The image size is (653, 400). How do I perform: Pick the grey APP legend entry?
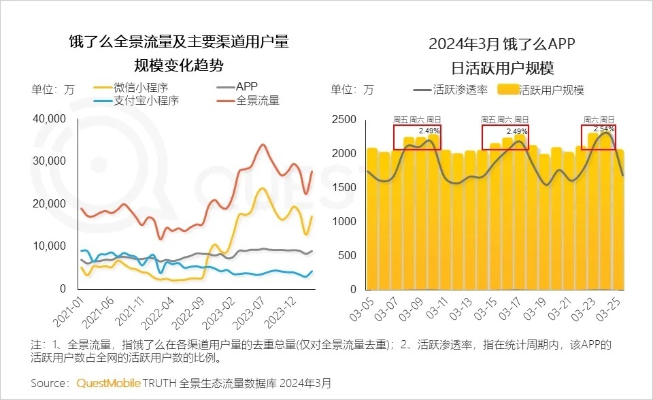(247, 87)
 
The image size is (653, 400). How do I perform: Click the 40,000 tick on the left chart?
(48, 119)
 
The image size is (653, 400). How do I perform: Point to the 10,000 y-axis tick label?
(48, 246)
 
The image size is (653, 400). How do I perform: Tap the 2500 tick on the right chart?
(344, 119)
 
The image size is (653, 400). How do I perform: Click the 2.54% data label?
(604, 129)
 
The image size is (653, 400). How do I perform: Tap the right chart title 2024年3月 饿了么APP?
(502, 45)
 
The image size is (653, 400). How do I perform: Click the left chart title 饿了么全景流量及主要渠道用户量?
(179, 41)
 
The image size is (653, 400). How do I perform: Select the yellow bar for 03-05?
(371, 218)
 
